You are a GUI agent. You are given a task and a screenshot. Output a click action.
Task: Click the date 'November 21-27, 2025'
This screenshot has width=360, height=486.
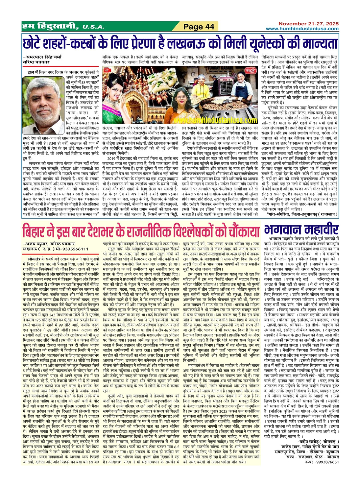(x=308, y=24)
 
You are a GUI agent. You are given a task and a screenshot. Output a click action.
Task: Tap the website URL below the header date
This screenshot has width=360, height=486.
(x=302, y=29)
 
